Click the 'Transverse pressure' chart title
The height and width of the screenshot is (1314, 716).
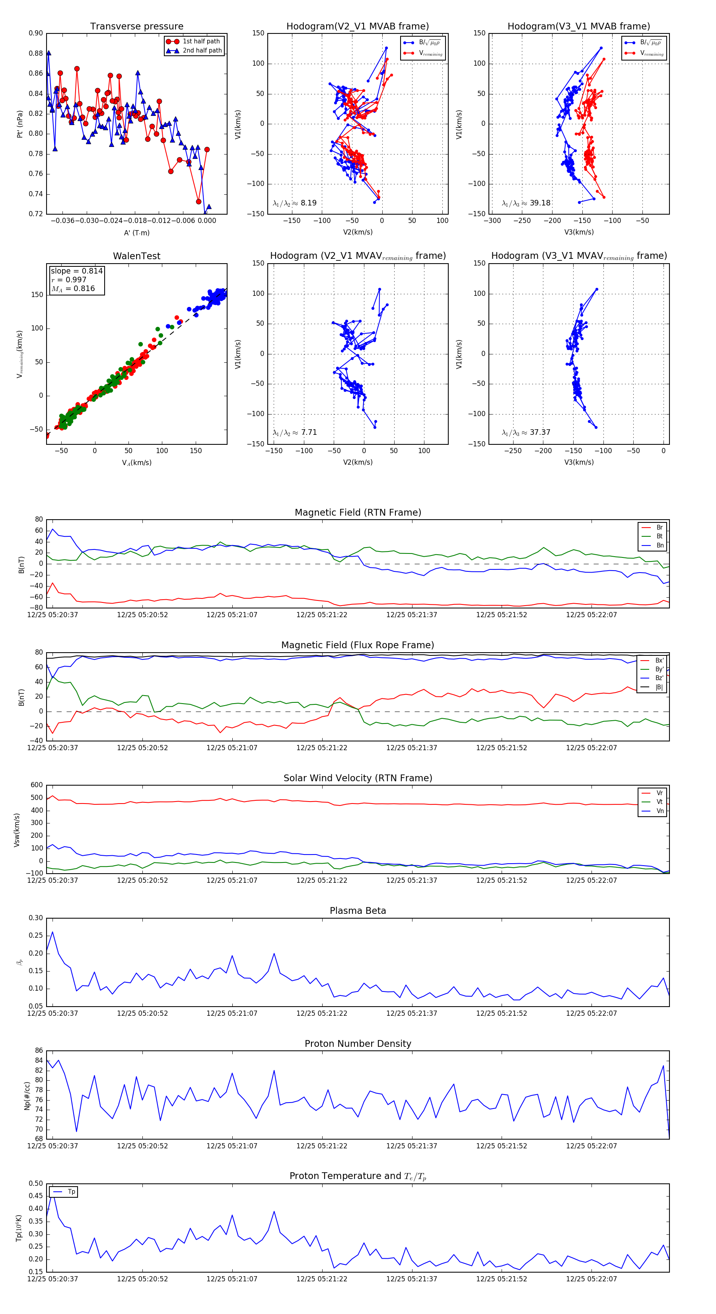pos(136,27)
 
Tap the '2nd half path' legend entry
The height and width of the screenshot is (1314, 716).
pos(202,51)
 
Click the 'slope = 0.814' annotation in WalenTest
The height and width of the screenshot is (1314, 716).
pos(76,271)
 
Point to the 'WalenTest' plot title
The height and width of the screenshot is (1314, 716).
pos(136,256)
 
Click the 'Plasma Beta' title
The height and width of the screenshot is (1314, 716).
pos(358,911)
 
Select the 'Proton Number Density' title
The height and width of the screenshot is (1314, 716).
pos(358,1044)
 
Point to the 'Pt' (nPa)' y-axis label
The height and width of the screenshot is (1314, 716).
pos(20,124)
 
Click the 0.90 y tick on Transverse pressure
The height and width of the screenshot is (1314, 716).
pos(36,33)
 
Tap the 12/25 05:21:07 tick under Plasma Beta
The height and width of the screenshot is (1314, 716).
pos(232,1013)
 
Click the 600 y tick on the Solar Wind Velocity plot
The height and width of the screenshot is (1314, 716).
pos(37,785)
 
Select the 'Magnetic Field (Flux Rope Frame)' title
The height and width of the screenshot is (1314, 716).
pos(358,645)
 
